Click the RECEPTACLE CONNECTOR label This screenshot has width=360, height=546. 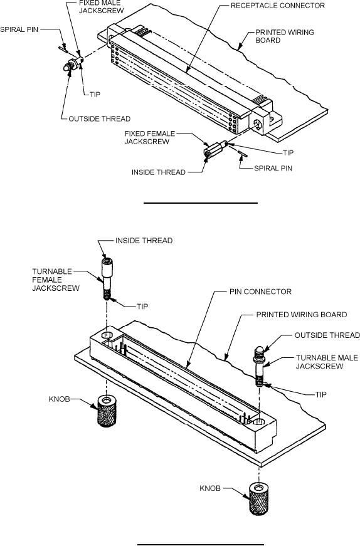click(278, 6)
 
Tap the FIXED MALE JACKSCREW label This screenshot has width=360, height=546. click(102, 7)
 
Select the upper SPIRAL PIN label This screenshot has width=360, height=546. click(19, 29)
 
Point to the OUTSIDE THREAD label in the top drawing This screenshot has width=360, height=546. click(99, 118)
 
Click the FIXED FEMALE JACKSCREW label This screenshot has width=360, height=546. click(150, 137)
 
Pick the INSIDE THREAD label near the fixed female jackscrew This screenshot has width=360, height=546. click(159, 172)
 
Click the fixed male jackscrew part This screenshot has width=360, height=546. click(73, 63)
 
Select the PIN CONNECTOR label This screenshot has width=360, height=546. click(260, 291)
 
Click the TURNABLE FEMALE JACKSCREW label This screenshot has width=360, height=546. click(56, 280)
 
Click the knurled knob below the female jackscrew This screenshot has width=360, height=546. click(107, 411)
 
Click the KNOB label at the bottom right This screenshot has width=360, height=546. click(210, 488)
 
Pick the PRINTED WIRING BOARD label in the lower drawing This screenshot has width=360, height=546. click(302, 315)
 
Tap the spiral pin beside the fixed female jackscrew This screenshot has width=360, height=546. click(241, 152)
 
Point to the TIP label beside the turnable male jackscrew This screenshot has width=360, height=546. click(320, 394)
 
